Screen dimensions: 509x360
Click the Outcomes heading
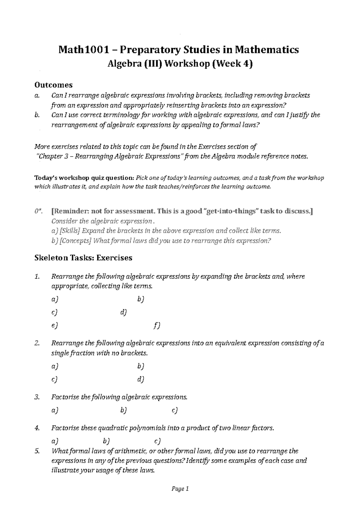54,85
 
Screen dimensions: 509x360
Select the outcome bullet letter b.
37,115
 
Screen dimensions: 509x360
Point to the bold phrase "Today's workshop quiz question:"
85,178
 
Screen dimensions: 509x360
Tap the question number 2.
37,343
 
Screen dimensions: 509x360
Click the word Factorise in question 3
65,397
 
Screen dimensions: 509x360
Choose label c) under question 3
175,410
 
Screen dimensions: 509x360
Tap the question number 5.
37,451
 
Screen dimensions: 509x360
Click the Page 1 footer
180,489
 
